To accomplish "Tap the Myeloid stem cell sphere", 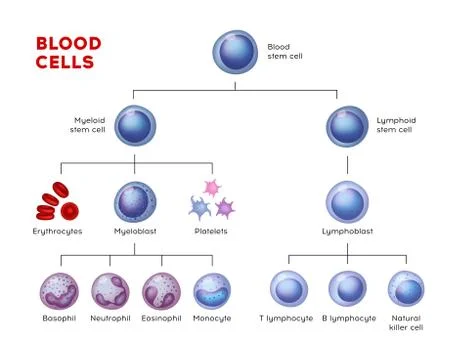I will [135, 126].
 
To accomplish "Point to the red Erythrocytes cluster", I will [57, 199].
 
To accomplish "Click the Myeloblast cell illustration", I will [135, 201].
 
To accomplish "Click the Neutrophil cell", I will [110, 290].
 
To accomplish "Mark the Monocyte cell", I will [212, 290].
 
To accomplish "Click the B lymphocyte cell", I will [347, 290].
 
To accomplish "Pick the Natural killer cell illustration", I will [406, 290].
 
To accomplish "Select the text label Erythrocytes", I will [57, 232].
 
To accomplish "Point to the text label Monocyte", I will [212, 318].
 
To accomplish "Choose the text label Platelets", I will [211, 232].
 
